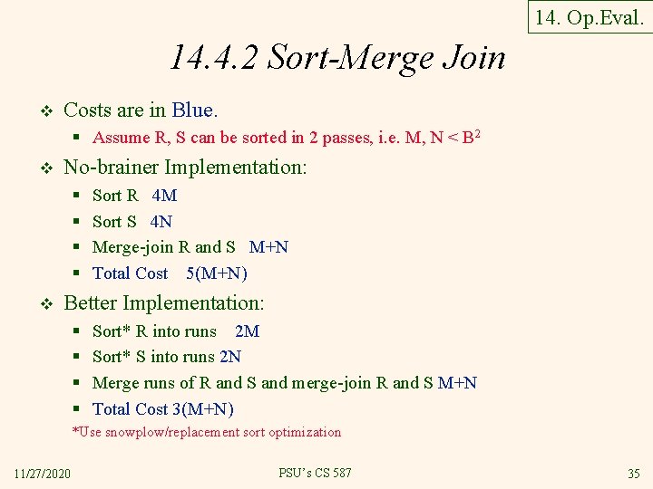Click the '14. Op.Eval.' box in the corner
(x=589, y=17)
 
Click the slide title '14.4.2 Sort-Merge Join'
(x=336, y=58)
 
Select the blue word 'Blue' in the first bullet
(x=192, y=110)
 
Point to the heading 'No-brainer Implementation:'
(x=186, y=168)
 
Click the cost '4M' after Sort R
(x=164, y=196)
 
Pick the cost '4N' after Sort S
(x=161, y=222)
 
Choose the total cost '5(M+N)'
(x=216, y=273)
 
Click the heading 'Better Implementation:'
(x=164, y=303)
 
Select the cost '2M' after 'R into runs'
(x=247, y=331)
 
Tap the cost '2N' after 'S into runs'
(x=230, y=357)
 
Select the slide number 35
(x=633, y=475)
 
